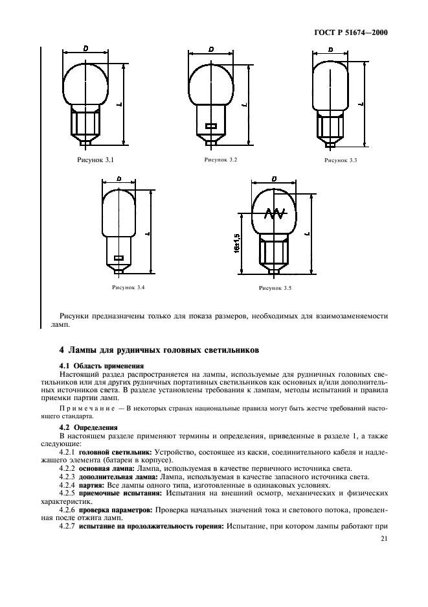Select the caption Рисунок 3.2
click(221, 160)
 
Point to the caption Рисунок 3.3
click(341, 160)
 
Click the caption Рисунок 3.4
click(128, 287)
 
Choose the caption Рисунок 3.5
click(275, 287)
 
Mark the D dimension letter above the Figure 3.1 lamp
click(85, 49)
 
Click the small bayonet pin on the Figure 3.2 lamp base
click(210, 125)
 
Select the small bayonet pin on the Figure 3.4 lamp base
click(118, 257)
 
